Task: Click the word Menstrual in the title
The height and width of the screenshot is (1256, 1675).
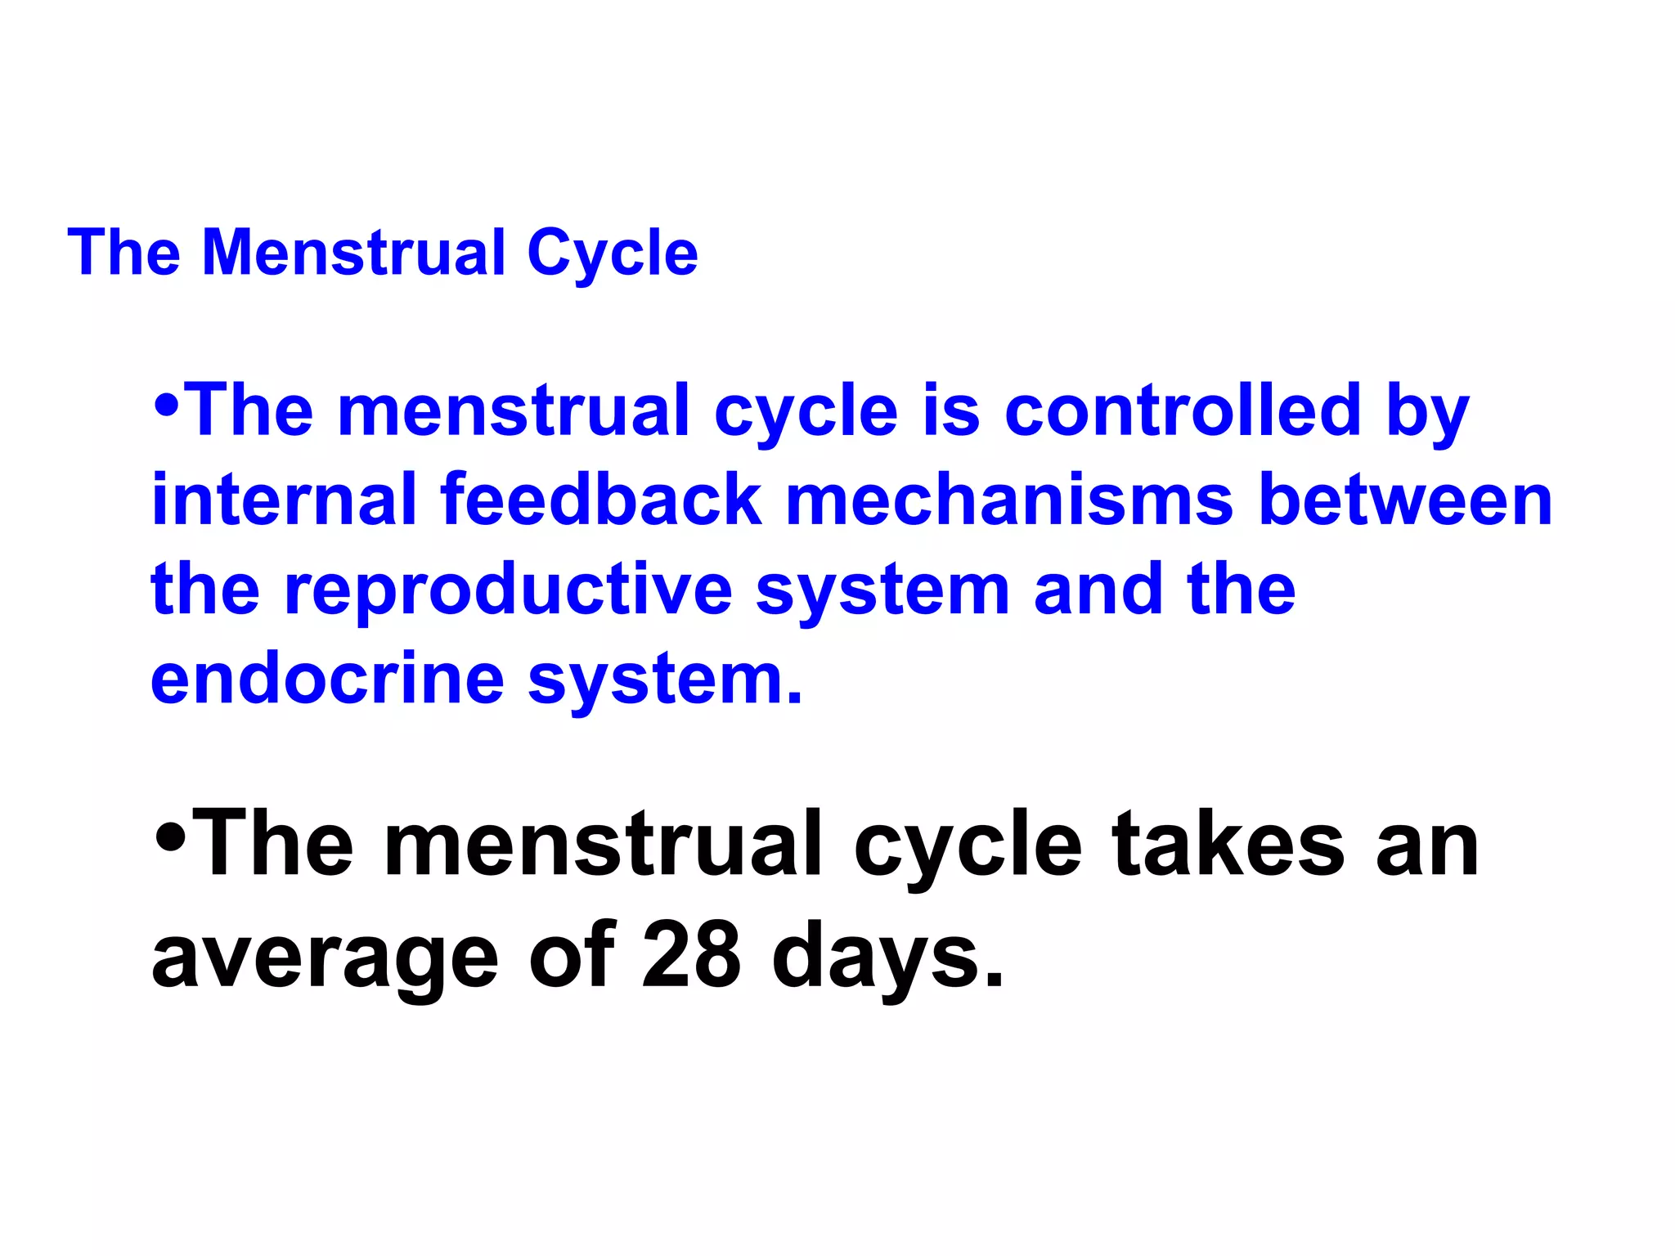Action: point(354,253)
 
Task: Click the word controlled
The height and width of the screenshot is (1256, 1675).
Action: point(1183,410)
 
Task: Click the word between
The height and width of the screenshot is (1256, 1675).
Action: point(1406,500)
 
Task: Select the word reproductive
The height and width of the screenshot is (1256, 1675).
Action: point(508,591)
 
